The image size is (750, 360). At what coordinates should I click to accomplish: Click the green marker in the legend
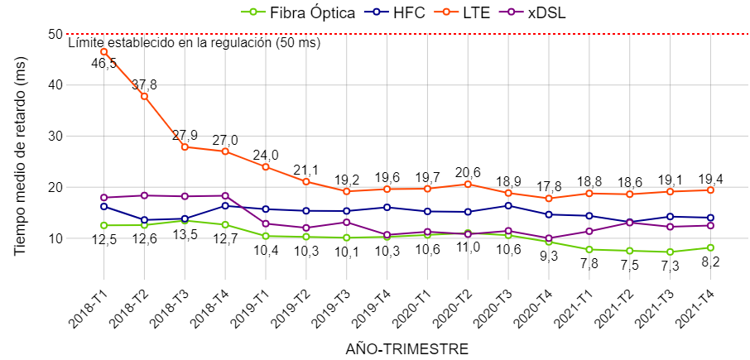tap(252, 12)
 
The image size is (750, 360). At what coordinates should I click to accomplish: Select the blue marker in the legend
tap(376, 12)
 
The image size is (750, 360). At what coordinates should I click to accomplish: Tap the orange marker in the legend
tap(446, 12)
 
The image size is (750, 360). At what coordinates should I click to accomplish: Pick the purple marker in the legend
tap(511, 12)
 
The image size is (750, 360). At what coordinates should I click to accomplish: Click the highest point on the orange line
tap(103, 51)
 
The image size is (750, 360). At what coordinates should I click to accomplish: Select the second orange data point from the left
tap(144, 96)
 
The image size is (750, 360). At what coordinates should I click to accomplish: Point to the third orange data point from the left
tap(185, 147)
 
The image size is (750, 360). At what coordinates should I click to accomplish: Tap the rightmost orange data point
tap(710, 190)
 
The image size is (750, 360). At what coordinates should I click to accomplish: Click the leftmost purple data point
tap(103, 197)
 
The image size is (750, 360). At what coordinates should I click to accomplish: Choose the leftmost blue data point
tap(103, 206)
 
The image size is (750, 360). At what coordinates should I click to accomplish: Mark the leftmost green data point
tap(103, 225)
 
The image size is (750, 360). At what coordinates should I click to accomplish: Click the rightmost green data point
tap(710, 247)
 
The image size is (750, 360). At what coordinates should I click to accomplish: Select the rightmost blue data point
tap(710, 218)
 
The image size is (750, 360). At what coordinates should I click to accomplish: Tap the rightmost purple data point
tap(710, 225)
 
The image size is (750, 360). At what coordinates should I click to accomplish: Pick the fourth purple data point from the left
tap(225, 195)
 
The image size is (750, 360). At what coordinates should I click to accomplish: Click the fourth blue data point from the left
tap(225, 205)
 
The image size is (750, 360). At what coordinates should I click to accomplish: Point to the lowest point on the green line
tap(670, 252)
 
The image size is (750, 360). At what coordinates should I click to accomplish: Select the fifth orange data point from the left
tap(266, 166)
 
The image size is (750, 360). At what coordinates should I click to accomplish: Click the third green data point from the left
tap(185, 221)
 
